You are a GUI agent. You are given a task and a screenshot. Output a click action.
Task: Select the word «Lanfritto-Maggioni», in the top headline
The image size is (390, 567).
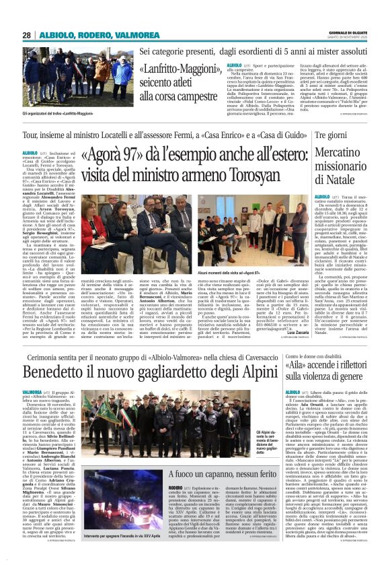point(177,69)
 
